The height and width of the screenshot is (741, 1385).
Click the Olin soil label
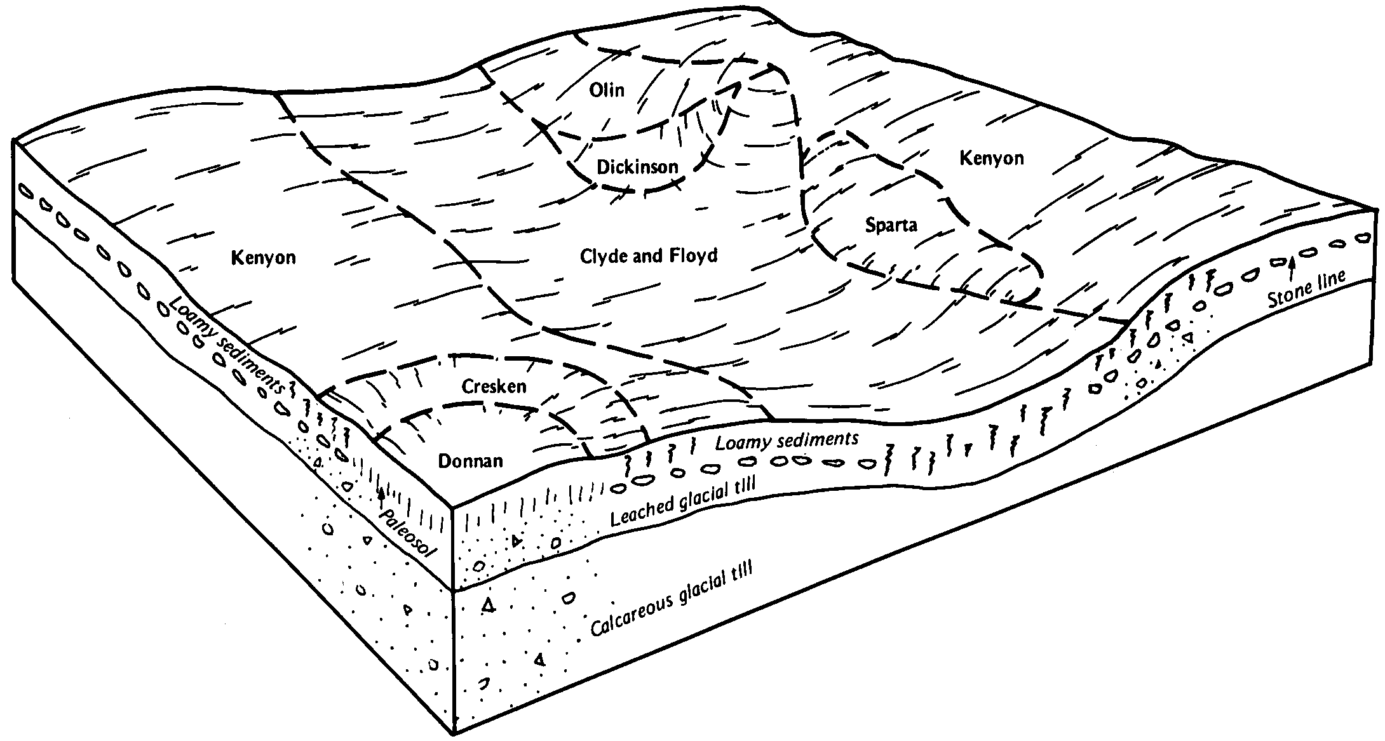(x=607, y=90)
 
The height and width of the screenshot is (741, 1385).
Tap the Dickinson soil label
(x=638, y=167)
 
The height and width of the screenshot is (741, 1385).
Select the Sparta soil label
(x=891, y=225)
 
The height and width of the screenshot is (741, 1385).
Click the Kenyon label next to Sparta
(x=992, y=158)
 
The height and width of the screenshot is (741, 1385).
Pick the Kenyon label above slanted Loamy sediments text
(x=264, y=258)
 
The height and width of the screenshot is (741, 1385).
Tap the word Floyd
(x=694, y=256)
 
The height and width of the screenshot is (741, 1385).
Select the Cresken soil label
(x=494, y=386)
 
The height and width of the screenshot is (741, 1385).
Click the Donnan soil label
(x=471, y=461)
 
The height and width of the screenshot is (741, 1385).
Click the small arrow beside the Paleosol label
(x=381, y=498)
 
